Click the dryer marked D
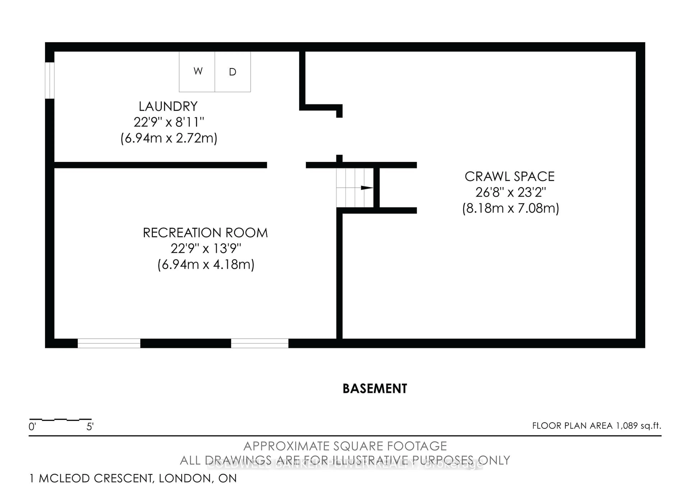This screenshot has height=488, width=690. pos(233,72)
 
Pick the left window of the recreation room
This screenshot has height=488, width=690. pos(109,343)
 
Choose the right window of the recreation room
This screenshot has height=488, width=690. pos(260,343)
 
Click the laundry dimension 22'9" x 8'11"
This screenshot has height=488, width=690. pos(169,122)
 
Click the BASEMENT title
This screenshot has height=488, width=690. pos(375,388)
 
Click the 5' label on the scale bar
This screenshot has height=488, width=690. pos(90,426)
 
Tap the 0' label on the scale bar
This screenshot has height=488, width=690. pos(32,426)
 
